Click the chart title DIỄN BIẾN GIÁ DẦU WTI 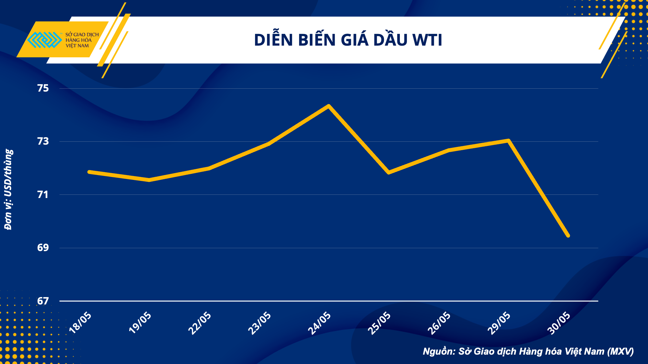tap(348, 40)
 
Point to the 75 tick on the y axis tap(43, 88)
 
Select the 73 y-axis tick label tap(43, 141)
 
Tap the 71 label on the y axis tap(43, 195)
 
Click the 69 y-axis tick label tap(43, 248)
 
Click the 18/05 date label tap(81, 323)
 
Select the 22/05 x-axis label tap(200, 323)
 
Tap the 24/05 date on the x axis tap(319, 323)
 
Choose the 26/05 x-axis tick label tap(439, 323)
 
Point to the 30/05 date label tap(559, 323)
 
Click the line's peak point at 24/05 tap(329, 106)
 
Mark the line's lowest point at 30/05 tap(568, 236)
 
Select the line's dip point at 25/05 tap(388, 172)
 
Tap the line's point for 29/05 tap(509, 140)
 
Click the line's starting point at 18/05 tap(89, 172)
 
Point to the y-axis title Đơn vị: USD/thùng tap(8, 190)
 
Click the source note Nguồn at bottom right tap(528, 351)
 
